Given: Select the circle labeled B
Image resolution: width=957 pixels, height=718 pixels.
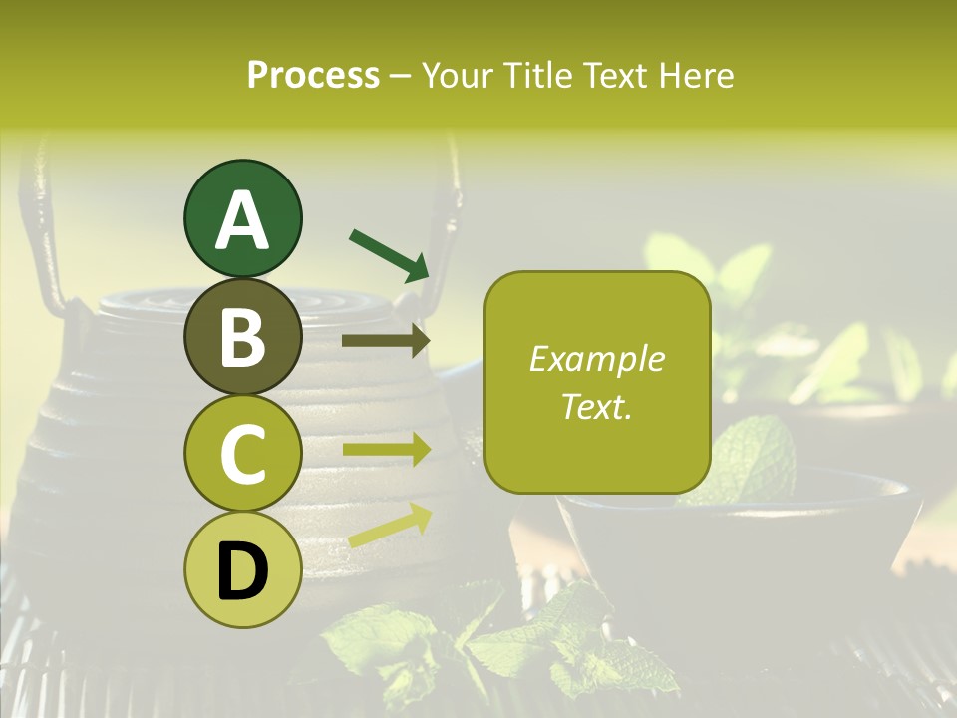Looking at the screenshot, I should [x=242, y=337].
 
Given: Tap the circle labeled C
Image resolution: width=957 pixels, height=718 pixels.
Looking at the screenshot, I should [x=242, y=454].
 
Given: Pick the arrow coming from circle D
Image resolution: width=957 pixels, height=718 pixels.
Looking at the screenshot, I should [x=390, y=525].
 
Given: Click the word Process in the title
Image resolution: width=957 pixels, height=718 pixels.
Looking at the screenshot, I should [x=313, y=75].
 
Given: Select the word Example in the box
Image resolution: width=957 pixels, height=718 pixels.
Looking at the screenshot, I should [x=596, y=359].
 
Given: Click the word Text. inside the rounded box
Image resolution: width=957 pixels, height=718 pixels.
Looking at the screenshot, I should [x=596, y=406].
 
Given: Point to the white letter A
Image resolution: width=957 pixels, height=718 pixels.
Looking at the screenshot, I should [x=242, y=220].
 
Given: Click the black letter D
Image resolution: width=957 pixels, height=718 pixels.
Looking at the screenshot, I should [x=242, y=571].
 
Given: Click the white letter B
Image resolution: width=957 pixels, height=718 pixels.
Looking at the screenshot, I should [x=242, y=337].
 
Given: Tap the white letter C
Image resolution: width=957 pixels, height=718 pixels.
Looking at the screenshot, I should [x=242, y=454].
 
